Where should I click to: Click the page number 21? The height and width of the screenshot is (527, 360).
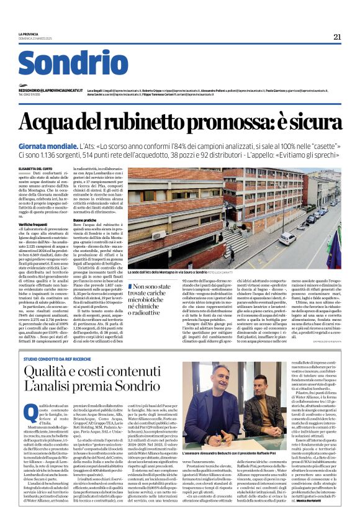[337, 37]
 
